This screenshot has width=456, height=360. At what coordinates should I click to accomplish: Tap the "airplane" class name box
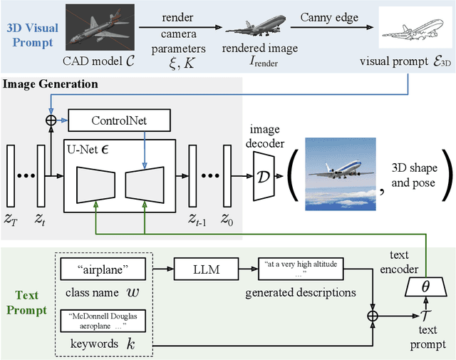(104, 269)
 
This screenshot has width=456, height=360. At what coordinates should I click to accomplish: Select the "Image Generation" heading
(51, 84)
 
